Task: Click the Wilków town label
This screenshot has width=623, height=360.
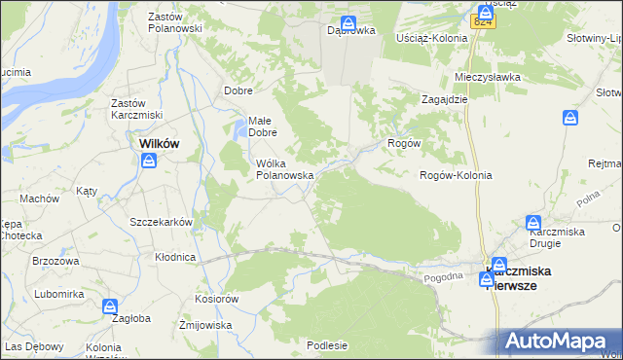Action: tap(148, 143)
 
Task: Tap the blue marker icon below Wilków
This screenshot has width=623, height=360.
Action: tap(149, 162)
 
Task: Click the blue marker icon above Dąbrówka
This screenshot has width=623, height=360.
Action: tap(348, 24)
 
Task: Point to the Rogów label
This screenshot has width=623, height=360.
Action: tap(404, 142)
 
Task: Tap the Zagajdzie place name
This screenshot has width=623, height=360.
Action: tap(446, 98)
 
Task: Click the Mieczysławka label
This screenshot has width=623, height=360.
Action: tap(488, 76)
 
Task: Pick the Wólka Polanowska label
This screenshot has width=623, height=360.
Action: tap(283, 169)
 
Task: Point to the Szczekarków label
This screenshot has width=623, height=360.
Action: tap(162, 221)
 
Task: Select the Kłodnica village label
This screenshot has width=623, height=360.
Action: tap(175, 257)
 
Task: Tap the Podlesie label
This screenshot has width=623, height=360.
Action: tap(326, 344)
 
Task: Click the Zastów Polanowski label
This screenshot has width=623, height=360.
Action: tap(174, 22)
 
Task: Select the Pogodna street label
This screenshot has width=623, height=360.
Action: tap(443, 277)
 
